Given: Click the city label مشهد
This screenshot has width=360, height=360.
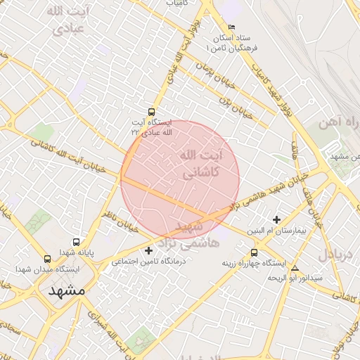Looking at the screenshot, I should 66,290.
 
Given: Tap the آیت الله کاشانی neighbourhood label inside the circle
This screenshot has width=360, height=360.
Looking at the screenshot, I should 200,163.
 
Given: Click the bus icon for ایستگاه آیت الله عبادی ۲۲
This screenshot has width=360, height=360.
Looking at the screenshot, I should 152,112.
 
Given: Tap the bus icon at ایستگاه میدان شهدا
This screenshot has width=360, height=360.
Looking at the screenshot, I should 47,259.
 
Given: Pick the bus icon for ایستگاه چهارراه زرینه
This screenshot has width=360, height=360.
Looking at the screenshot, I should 254,252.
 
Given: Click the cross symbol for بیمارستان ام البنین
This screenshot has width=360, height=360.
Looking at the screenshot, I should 276,220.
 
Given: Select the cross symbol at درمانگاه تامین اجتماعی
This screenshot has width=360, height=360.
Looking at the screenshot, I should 148,250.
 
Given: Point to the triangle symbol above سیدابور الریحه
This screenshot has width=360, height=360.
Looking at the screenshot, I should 295,268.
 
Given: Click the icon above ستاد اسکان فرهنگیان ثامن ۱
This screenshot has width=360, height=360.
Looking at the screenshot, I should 232,27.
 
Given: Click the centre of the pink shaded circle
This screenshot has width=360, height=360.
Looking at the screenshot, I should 180,179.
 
